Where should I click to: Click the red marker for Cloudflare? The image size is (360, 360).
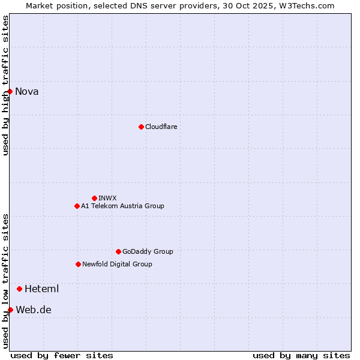141,127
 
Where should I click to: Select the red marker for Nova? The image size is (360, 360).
10,91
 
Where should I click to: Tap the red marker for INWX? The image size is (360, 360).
94,198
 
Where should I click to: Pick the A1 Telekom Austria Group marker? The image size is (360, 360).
77,206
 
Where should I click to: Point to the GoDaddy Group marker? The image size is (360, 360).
118,251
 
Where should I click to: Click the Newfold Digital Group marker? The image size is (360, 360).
78,264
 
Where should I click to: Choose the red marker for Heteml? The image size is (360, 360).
19,289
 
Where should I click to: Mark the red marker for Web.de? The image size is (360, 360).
10,310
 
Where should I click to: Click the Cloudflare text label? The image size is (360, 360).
161,127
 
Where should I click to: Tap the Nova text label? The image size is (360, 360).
27,91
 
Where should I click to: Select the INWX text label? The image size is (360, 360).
107,198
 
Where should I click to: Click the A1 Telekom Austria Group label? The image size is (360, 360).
122,206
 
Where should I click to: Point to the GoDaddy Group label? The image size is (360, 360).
148,251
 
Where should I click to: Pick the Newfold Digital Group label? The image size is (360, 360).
117,264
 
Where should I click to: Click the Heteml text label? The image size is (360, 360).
41,289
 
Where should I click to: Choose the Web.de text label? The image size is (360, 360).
34,310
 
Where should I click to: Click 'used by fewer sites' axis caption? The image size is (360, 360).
62,355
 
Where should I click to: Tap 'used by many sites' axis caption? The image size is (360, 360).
301,355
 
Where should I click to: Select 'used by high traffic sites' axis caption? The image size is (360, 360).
5,85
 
